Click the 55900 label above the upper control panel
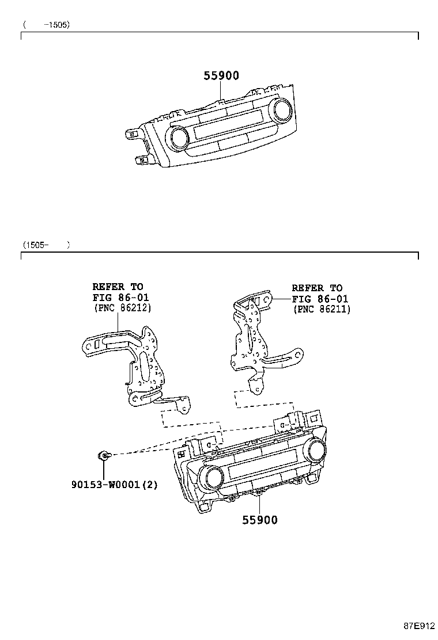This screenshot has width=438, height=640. (221, 75)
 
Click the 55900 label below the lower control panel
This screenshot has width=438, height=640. (260, 520)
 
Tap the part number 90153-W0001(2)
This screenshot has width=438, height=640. (115, 485)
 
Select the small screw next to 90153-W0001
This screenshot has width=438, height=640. (104, 455)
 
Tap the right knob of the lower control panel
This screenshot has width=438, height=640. (317, 451)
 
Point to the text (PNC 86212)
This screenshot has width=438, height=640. (123, 308)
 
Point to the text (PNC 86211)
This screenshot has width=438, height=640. (322, 309)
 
